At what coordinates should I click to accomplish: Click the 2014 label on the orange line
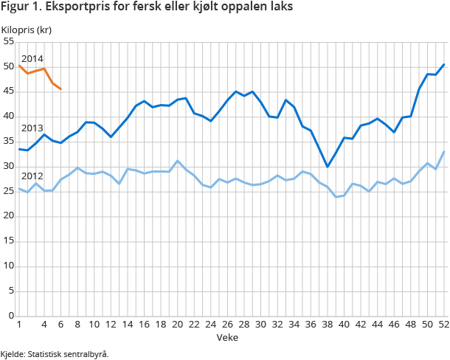pos(32,58)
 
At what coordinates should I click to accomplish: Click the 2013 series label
pos(32,128)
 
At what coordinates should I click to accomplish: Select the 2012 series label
pos(32,177)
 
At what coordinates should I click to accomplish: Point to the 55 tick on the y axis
pos(9,42)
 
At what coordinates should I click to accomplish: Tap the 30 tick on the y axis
pos(9,167)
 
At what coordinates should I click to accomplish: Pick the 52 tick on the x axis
pos(443,325)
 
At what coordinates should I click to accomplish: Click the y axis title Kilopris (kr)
pos(26,30)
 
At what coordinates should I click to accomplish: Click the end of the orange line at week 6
pos(60,89)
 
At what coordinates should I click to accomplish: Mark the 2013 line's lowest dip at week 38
pos(327,167)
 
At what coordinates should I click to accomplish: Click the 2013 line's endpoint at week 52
pos(443,64)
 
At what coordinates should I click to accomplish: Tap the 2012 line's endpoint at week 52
pos(443,151)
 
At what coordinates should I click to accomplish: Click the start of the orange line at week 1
pos(19,65)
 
